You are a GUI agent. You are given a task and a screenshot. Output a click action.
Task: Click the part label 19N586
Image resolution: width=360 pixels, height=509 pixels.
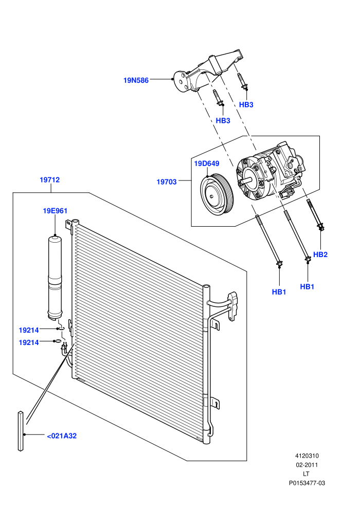tap(136, 80)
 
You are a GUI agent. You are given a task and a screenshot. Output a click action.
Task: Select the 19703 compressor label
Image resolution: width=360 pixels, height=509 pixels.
tap(167, 182)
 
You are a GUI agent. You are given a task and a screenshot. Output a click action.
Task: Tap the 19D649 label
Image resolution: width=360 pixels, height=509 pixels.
tap(206, 163)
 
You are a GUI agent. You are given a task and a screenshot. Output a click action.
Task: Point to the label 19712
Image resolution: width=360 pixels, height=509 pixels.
tap(50, 180)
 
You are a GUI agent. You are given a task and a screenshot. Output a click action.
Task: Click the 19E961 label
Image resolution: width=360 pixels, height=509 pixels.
tap(55, 211)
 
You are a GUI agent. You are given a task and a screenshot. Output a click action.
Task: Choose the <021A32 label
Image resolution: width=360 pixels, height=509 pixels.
tap(62, 436)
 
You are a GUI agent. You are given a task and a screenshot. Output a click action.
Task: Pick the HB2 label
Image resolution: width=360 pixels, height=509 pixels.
tap(320, 255)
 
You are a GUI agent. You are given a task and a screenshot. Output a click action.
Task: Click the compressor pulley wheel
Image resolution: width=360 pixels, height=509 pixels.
tap(215, 195)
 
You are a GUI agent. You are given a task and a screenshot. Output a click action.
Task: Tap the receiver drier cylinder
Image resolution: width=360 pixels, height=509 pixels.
tap(56, 278)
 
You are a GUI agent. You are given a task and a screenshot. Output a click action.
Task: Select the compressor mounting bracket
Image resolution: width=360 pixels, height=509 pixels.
tap(208, 71)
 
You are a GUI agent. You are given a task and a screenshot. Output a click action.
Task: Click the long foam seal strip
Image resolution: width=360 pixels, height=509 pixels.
tap(21, 431)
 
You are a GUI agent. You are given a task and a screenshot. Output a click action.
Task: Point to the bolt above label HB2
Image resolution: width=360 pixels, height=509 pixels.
tap(314, 215)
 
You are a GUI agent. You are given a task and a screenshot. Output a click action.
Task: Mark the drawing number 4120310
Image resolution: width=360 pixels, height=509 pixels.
tap(307, 456)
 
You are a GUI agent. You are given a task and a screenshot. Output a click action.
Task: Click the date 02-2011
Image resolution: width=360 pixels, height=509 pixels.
tap(307, 465)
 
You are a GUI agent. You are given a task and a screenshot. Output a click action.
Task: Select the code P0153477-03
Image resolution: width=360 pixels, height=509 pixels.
tap(307, 483)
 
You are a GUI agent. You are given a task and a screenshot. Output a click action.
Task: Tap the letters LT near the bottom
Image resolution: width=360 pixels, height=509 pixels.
tap(306, 474)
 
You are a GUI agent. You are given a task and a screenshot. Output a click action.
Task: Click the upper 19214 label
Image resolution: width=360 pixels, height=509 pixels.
tap(29, 331)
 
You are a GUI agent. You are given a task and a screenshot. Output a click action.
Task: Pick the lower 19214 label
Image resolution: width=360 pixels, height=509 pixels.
tap(29, 343)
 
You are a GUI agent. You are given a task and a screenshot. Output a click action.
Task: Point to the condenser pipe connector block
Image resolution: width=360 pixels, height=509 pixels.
tap(233, 306)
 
